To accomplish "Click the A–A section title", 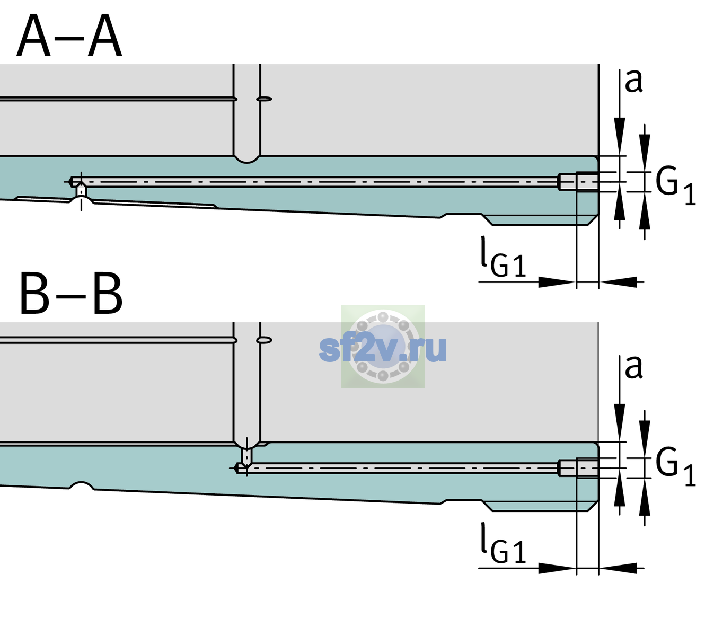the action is (x=69, y=36).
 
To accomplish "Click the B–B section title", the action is (x=72, y=294).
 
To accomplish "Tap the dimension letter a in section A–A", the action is (x=634, y=82).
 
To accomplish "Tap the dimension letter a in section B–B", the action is (x=634, y=367).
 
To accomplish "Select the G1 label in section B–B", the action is (x=675, y=467).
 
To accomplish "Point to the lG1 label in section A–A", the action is (x=503, y=257).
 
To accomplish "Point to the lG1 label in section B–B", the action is (x=503, y=543).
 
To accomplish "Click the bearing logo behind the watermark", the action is (x=383, y=347).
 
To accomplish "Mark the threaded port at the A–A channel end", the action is (x=578, y=182).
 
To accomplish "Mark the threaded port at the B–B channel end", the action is (x=578, y=468).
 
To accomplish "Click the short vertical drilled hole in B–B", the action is (x=247, y=456).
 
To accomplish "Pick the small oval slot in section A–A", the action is (x=264, y=99).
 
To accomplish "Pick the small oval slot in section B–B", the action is (x=264, y=340).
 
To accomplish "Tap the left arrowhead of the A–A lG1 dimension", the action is (x=557, y=282).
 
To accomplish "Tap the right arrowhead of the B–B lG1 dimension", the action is (x=618, y=568).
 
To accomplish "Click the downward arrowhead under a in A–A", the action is (x=620, y=136).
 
